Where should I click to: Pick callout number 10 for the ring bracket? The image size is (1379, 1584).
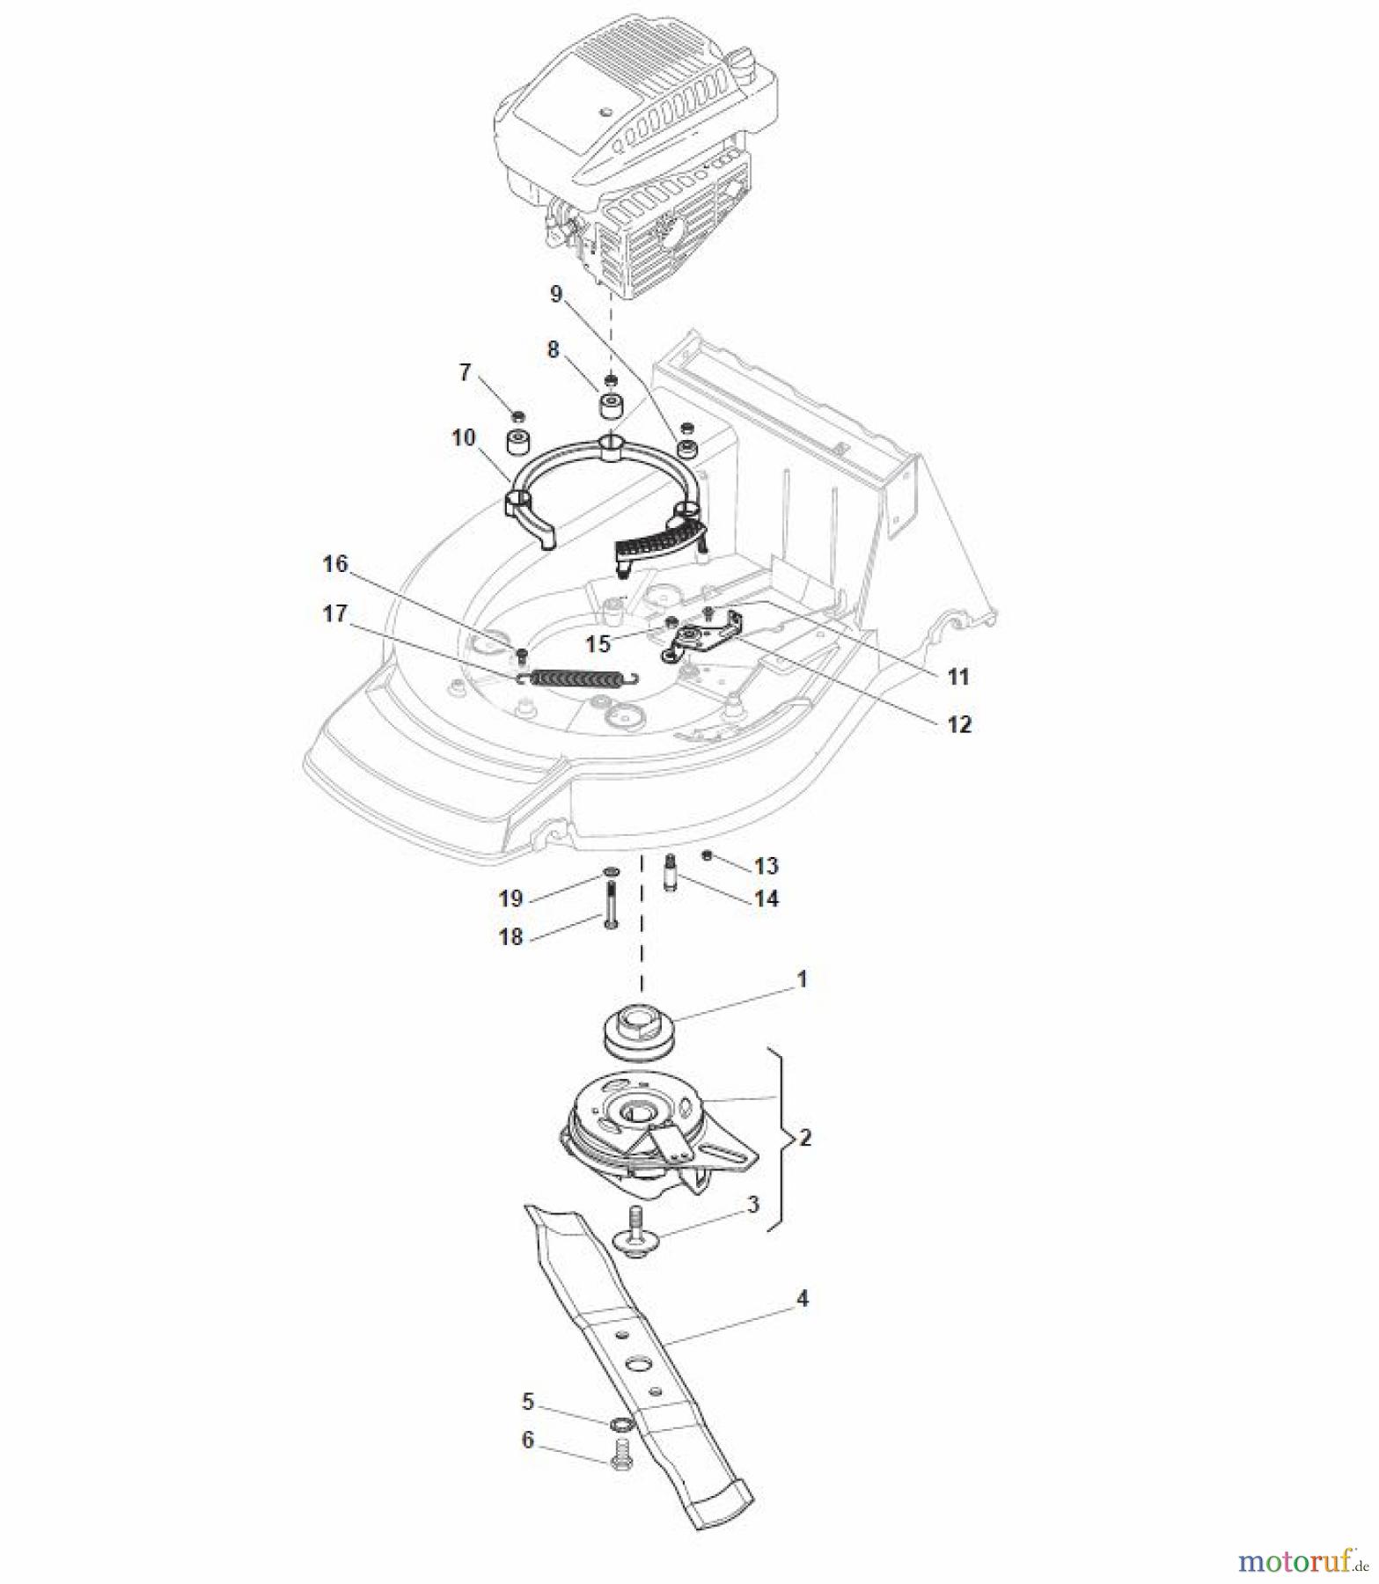pyautogui.click(x=464, y=438)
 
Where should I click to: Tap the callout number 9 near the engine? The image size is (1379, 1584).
pyautogui.click(x=554, y=295)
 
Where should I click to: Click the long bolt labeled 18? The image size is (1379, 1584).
pyautogui.click(x=610, y=916)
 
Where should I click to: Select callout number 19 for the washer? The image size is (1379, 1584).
pyautogui.click(x=511, y=898)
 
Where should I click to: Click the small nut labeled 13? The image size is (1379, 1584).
pyautogui.click(x=708, y=854)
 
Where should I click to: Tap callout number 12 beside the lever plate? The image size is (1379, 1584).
pyautogui.click(x=958, y=725)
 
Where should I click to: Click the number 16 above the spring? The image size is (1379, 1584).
pyautogui.click(x=335, y=564)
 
